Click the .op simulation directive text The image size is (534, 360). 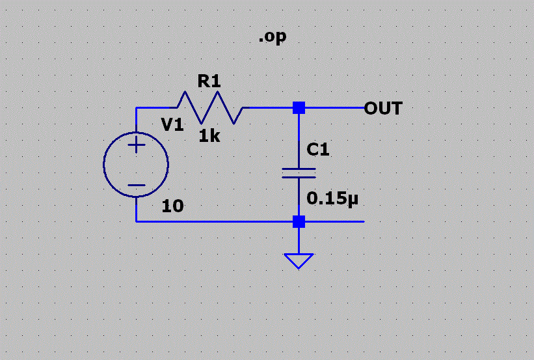[272, 38]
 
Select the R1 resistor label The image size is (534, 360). [209, 81]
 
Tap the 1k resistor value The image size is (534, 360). [209, 135]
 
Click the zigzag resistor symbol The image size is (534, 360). [209, 107]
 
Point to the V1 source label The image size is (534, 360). [172, 125]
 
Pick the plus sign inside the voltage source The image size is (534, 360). [136, 145]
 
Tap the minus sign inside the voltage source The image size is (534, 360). [136, 185]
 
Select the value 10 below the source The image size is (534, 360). [172, 206]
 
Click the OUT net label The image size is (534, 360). [383, 108]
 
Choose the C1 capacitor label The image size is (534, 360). [318, 150]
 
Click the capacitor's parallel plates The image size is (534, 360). [299, 173]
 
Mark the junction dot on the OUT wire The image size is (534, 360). [299, 108]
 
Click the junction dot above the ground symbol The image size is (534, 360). [299, 221]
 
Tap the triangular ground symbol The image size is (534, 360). [299, 260]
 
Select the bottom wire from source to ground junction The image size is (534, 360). [215, 221]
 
